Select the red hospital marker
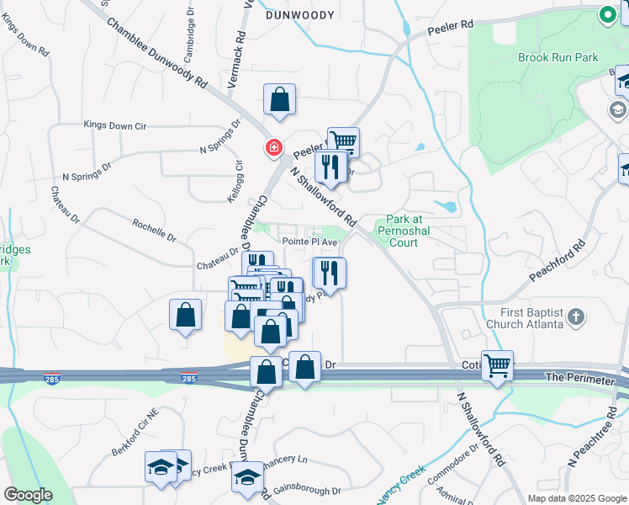(x=273, y=148)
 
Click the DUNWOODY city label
(x=294, y=14)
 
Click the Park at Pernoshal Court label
(x=397, y=230)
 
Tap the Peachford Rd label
(x=556, y=263)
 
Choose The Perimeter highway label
(x=580, y=380)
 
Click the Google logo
(x=28, y=495)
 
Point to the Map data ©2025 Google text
(x=577, y=498)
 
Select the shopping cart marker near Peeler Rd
(x=342, y=141)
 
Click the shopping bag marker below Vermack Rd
(x=279, y=100)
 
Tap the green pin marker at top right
(x=606, y=14)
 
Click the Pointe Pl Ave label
(x=309, y=242)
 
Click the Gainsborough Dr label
(x=312, y=490)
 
